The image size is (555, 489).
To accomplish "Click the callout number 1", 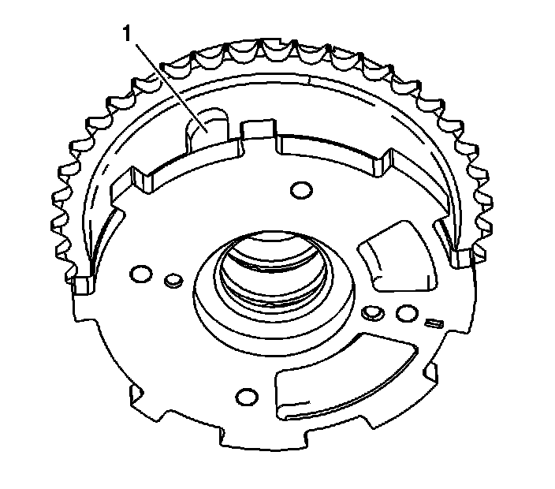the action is (x=127, y=34).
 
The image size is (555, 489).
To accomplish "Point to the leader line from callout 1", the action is (x=170, y=88).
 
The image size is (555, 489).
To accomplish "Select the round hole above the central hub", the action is (x=301, y=190).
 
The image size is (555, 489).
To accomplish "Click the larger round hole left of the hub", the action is (x=141, y=274).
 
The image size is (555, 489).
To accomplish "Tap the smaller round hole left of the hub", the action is (x=173, y=280).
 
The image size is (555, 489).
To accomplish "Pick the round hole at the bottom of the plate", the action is (x=247, y=397).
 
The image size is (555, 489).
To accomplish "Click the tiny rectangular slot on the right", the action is (x=434, y=323).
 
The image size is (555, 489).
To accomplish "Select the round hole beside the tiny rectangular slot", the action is (x=407, y=313).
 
